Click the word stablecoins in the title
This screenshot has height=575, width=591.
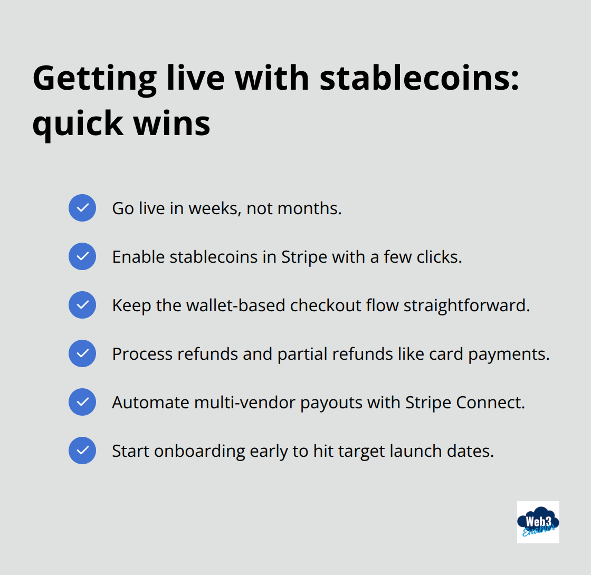pos(420,78)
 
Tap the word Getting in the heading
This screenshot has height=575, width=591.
pos(94,78)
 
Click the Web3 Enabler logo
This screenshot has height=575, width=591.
pos(538,522)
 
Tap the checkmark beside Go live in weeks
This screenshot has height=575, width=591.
pos(82,208)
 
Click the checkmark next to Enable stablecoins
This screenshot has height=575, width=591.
pos(82,256)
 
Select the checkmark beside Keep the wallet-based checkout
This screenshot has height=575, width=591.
pos(82,305)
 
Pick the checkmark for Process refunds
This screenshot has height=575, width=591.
pos(82,353)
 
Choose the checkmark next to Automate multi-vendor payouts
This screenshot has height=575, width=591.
pos(82,402)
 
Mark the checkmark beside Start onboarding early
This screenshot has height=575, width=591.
pos(82,451)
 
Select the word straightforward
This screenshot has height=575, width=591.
pos(466,305)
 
